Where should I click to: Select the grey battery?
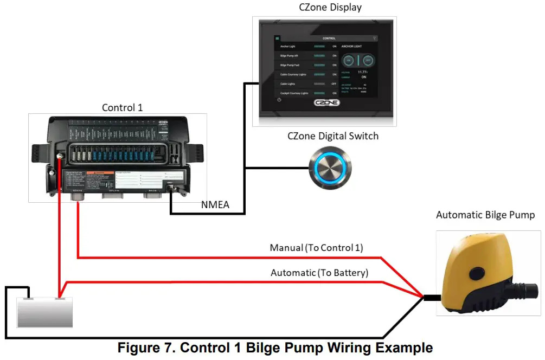[44, 313]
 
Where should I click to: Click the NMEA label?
[215, 204]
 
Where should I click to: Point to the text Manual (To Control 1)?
[316, 248]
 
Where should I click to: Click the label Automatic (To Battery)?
[319, 273]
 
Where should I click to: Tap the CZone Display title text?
[330, 8]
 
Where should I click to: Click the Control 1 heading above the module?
[122, 107]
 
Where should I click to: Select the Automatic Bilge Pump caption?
[485, 215]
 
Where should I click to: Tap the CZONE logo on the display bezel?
[326, 102]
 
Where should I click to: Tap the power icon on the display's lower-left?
[279, 100]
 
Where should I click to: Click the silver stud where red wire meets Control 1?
[59, 157]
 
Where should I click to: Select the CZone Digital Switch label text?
[332, 136]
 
